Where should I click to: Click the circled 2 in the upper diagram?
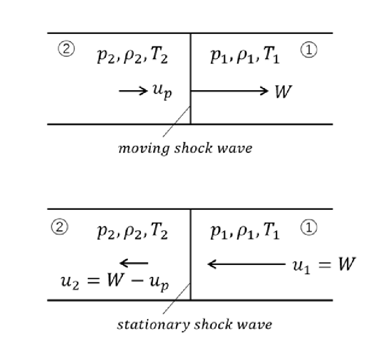[x=66, y=48]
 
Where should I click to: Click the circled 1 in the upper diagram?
[x=308, y=50]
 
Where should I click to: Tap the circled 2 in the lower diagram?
[x=59, y=227]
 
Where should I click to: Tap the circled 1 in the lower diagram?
[x=308, y=227]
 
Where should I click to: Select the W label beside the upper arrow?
[x=283, y=92]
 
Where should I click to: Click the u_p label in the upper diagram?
[x=162, y=92]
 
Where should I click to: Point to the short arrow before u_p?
[x=133, y=91]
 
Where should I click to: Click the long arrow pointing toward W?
[x=229, y=91]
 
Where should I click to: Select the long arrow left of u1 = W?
[x=246, y=264]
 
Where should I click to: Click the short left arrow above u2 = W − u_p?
[x=134, y=263]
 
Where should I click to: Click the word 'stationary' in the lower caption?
[x=153, y=325]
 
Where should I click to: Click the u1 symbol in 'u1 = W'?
[x=301, y=266]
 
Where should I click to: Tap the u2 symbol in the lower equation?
[x=70, y=282]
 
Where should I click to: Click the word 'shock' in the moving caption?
[x=193, y=148]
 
